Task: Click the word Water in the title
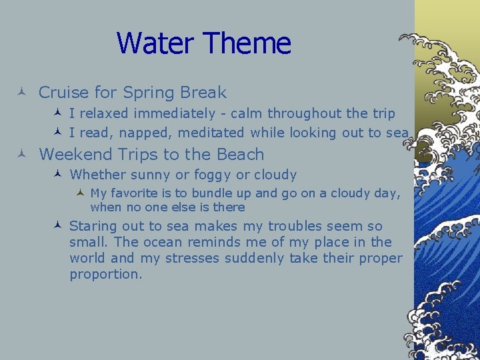[155, 43]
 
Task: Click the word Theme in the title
[247, 43]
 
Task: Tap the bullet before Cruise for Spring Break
[21, 91]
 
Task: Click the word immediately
[175, 114]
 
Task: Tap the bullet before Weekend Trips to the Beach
[21, 153]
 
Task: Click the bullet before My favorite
[80, 192]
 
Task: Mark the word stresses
[192, 258]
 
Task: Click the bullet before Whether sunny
[57, 174]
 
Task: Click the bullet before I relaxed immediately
[57, 113]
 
